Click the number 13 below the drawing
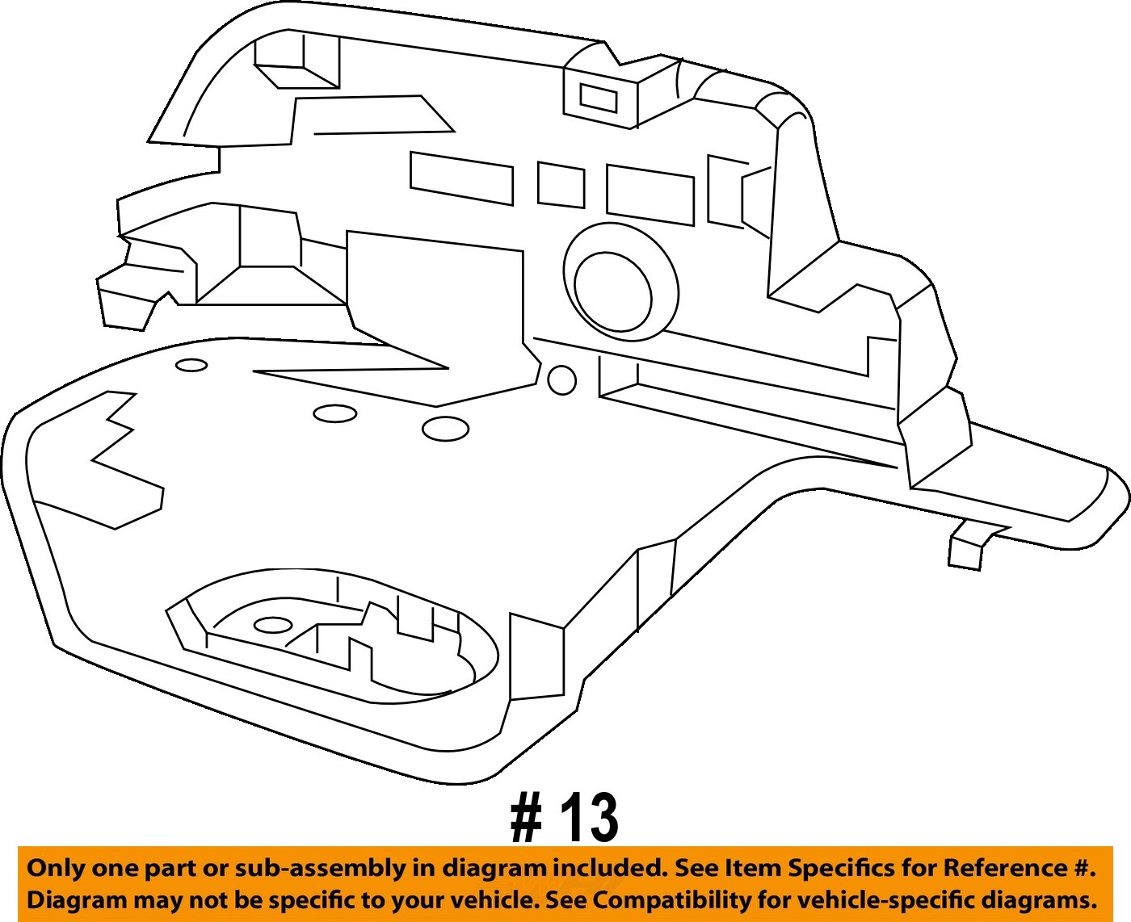591,817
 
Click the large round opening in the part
614,291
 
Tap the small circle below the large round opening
561,379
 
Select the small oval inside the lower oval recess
273,625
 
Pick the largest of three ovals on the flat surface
445,429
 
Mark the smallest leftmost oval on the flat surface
191,365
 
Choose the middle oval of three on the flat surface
335,413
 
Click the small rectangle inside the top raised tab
599,99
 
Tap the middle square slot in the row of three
561,186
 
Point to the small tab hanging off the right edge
967,549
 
